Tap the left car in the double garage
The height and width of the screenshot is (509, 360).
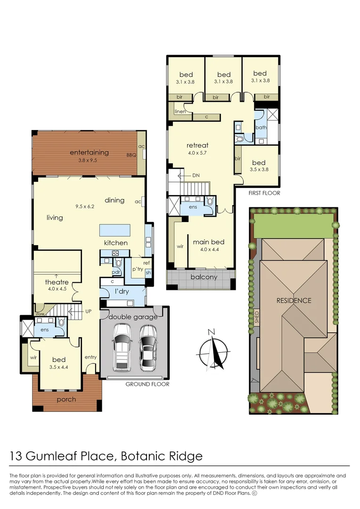122,349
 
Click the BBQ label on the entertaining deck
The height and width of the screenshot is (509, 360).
131,155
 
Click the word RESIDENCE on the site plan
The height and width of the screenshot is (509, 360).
294,300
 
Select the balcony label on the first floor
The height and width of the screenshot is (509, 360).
204,277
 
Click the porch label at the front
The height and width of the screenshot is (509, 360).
66,399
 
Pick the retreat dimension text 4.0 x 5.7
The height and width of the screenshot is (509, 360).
197,153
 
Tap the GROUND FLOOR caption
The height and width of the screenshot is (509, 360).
147,384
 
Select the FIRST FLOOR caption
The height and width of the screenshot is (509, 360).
264,193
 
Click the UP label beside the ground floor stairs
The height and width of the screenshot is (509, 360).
88,312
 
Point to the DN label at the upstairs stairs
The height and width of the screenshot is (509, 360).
196,175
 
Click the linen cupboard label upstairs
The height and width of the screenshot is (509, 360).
180,112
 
